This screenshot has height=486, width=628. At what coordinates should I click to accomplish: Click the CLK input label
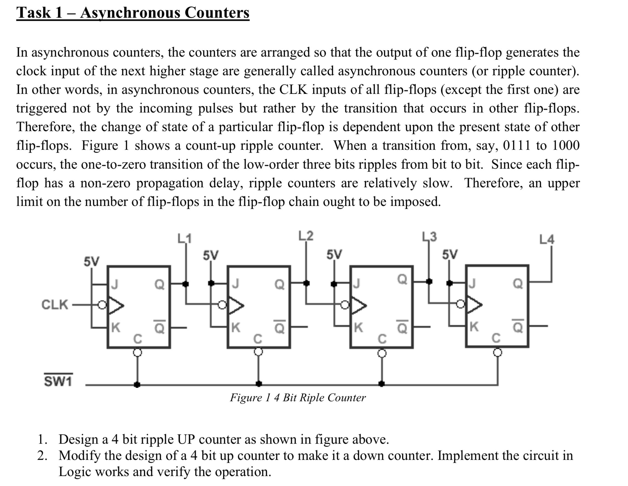pyautogui.click(x=55, y=305)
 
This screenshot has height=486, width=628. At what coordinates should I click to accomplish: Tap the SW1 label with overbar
pyautogui.click(x=58, y=381)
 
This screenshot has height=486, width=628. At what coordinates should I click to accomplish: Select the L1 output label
pyautogui.click(x=184, y=238)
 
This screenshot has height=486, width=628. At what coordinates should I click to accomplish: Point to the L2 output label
pyautogui.click(x=306, y=236)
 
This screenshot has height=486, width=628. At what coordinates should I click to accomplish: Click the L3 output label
pyautogui.click(x=429, y=237)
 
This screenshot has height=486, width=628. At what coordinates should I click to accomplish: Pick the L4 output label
pyautogui.click(x=546, y=239)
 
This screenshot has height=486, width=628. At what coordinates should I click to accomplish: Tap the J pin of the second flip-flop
pyautogui.click(x=235, y=284)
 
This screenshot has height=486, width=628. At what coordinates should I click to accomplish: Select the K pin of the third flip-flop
pyautogui.click(x=358, y=327)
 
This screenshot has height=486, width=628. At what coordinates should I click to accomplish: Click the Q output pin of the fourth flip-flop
pyautogui.click(x=518, y=284)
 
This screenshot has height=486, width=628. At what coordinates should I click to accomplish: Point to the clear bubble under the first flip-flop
pyautogui.click(x=138, y=352)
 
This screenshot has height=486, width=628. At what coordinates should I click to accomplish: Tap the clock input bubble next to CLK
pyautogui.click(x=102, y=305)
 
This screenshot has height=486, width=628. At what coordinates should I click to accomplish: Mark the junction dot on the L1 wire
pyautogui.click(x=186, y=284)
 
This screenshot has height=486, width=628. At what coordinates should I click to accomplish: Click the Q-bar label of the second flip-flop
pyautogui.click(x=279, y=327)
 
